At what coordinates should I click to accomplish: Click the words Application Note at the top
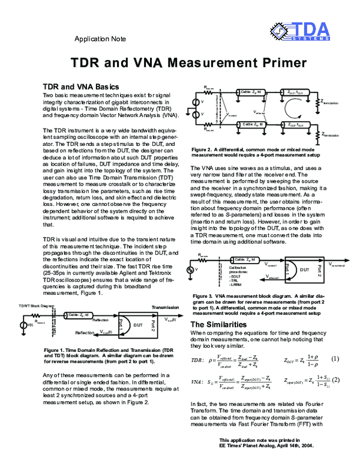click(100, 38)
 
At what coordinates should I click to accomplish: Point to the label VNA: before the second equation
click(197, 382)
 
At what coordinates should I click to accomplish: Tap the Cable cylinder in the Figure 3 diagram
click(239, 259)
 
